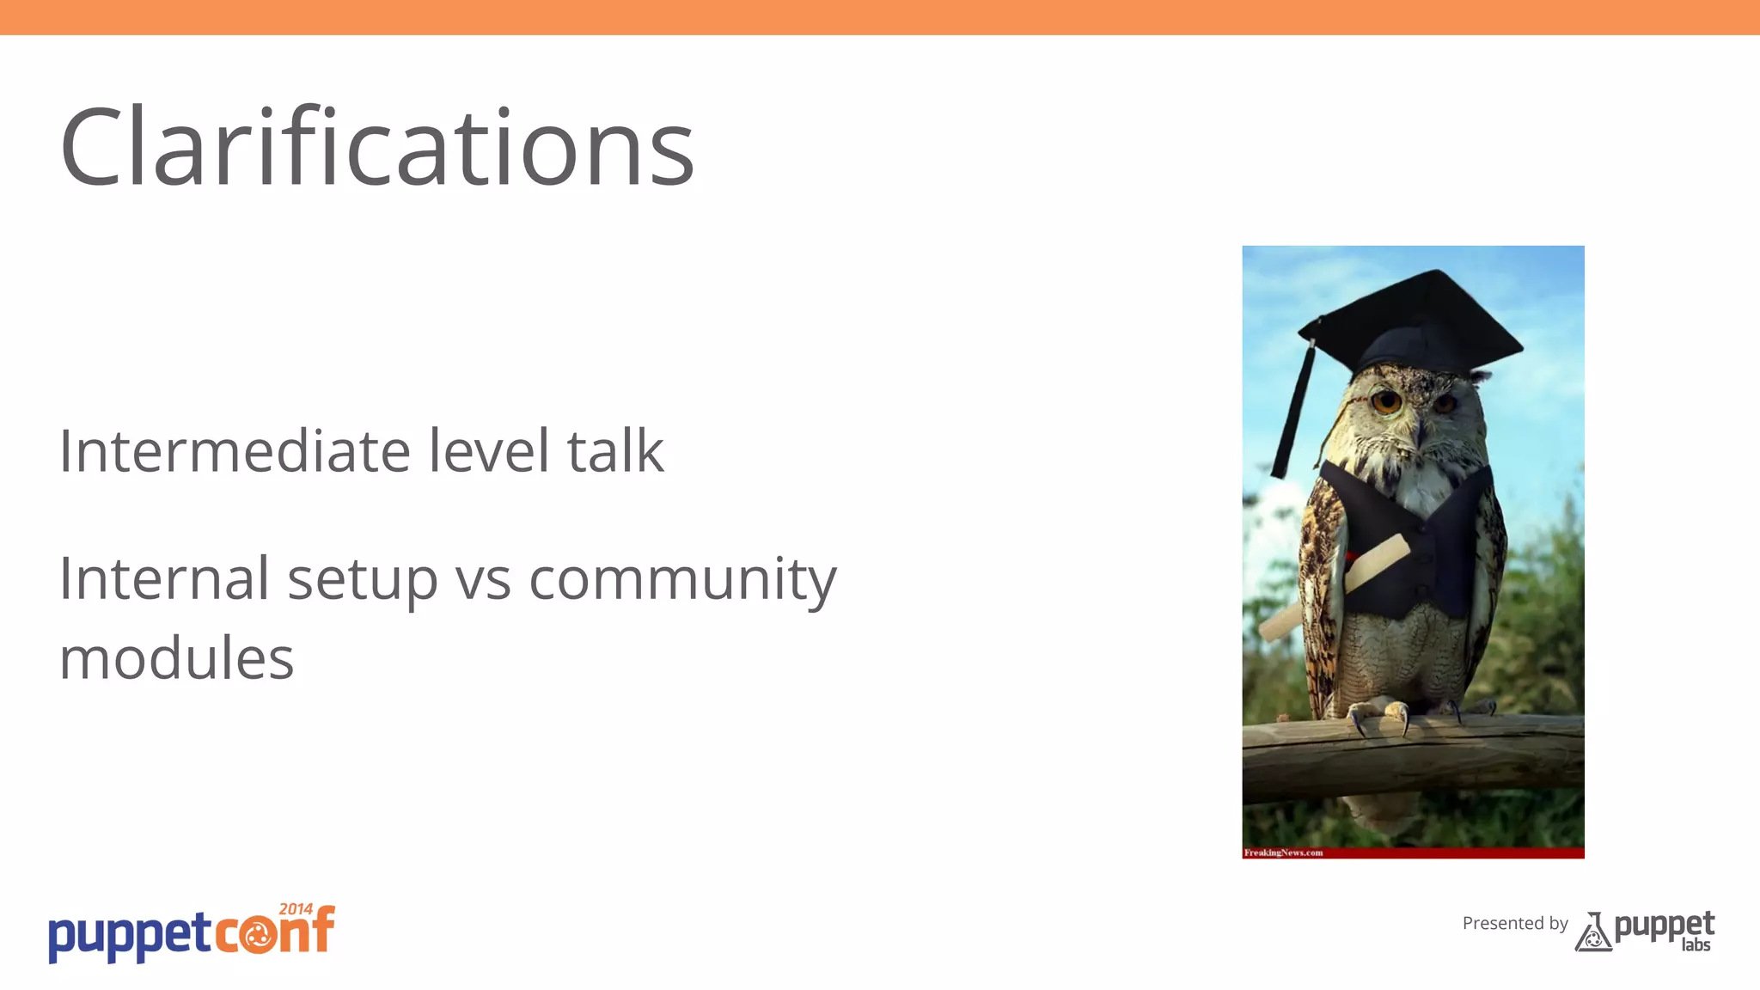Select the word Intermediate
235,451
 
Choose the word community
682,580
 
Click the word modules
176,659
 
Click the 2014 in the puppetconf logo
296,909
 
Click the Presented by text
1515,924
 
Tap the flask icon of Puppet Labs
1592,932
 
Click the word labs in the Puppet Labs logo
1696,945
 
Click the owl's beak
1418,430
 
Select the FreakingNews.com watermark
1283,852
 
